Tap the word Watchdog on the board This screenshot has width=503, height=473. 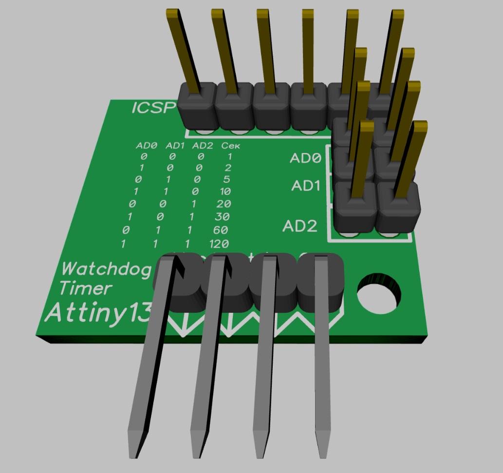(107, 268)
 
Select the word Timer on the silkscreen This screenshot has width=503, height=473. (85, 288)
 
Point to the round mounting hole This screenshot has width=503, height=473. (379, 294)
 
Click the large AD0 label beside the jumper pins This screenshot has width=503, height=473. (306, 158)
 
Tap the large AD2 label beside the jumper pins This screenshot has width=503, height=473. (300, 226)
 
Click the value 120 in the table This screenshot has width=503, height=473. (218, 244)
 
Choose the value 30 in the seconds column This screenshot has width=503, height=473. (223, 216)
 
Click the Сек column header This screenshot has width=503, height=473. (231, 145)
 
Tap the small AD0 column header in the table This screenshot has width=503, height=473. (147, 145)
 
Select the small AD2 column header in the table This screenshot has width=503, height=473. (203, 145)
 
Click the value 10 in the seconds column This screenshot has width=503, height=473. (224, 190)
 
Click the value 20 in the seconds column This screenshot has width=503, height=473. (223, 203)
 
